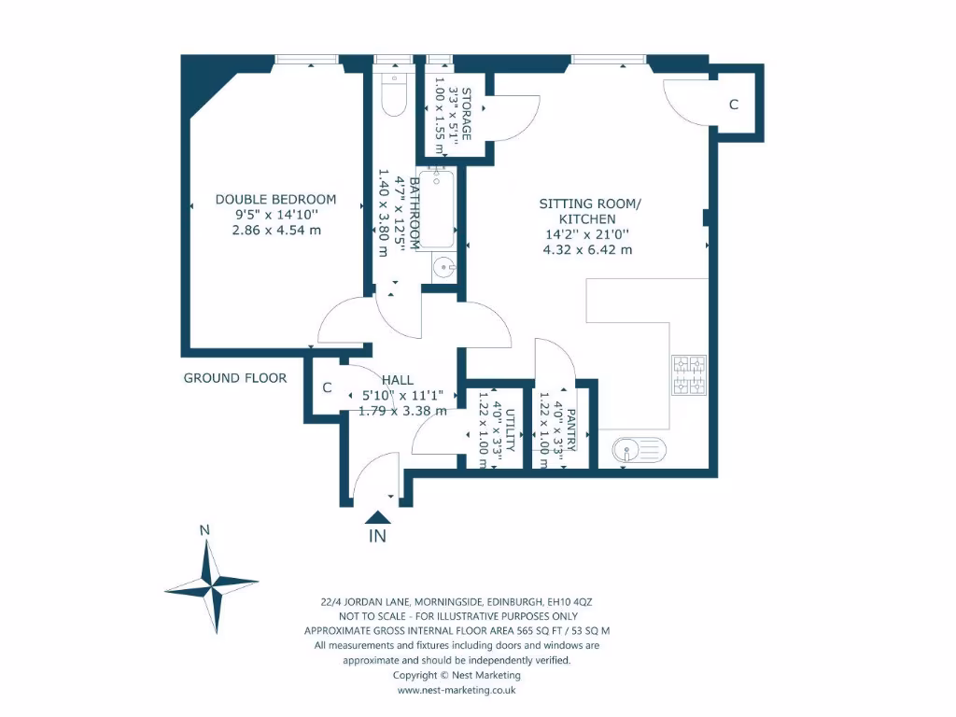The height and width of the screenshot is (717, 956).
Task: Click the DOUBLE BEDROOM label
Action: click(275, 199)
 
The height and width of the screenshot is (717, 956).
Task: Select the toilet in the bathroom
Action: click(395, 94)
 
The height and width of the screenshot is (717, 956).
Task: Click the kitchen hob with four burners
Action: click(688, 374)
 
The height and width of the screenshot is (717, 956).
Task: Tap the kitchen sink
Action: click(640, 451)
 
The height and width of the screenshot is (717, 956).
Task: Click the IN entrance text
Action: click(377, 536)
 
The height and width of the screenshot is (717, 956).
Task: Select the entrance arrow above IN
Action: click(377, 516)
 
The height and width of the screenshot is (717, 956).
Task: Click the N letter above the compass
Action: click(204, 530)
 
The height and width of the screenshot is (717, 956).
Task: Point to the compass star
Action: click(212, 587)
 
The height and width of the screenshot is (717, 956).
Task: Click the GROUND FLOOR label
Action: click(234, 378)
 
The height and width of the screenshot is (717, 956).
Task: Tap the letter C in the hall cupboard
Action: click(327, 387)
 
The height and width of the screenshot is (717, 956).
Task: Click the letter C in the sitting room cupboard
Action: click(734, 105)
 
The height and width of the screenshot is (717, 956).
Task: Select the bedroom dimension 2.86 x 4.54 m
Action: click(276, 230)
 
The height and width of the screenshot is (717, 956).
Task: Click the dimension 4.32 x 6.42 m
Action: click(587, 249)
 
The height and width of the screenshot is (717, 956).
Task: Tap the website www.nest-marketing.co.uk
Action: click(457, 690)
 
